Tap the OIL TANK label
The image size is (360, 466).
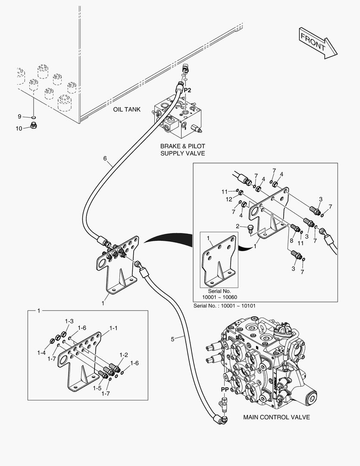[x=127, y=110]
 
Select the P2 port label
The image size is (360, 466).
[x=187, y=91]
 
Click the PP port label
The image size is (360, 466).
[x=225, y=389]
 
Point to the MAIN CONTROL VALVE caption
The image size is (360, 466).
[x=276, y=417]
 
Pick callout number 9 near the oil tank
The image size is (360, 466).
[x=19, y=116]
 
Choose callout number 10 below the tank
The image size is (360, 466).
[x=19, y=128]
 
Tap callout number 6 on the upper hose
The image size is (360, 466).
[x=105, y=158]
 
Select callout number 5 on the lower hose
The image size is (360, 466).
[x=172, y=339]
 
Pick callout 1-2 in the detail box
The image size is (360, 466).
[x=123, y=355]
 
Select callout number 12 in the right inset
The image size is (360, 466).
[x=229, y=199]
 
